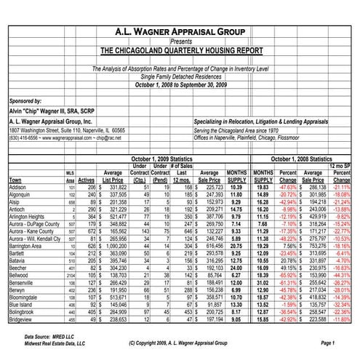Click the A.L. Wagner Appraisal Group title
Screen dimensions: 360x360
[180, 32]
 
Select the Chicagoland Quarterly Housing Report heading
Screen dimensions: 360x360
[180, 52]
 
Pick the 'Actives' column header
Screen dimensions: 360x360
[87, 179]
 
